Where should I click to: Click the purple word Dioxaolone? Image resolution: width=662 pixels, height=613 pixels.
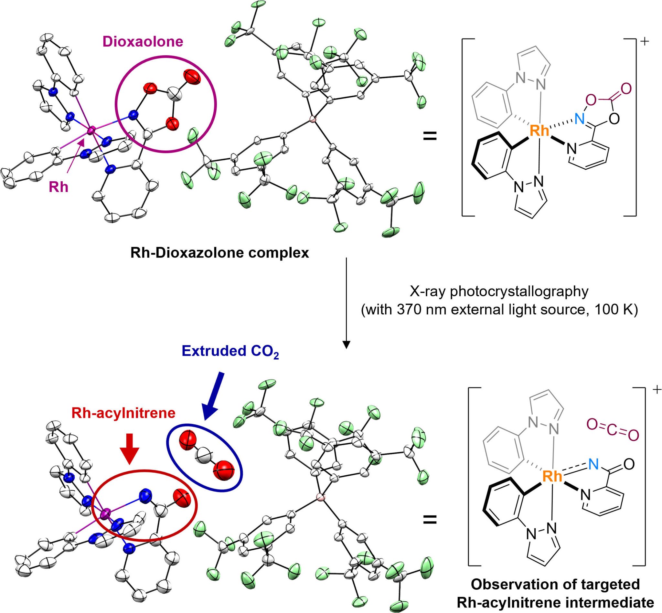click(143, 42)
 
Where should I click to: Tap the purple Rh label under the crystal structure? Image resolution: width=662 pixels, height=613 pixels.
click(59, 187)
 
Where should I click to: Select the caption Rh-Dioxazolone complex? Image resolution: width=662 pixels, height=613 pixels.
click(220, 253)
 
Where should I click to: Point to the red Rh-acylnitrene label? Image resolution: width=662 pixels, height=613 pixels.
click(123, 413)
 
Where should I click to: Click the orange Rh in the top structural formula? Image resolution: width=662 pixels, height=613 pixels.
click(539, 131)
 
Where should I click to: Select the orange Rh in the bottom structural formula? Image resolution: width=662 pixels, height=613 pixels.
click(552, 477)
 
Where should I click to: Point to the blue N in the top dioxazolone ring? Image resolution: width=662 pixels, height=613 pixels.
click(580, 119)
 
